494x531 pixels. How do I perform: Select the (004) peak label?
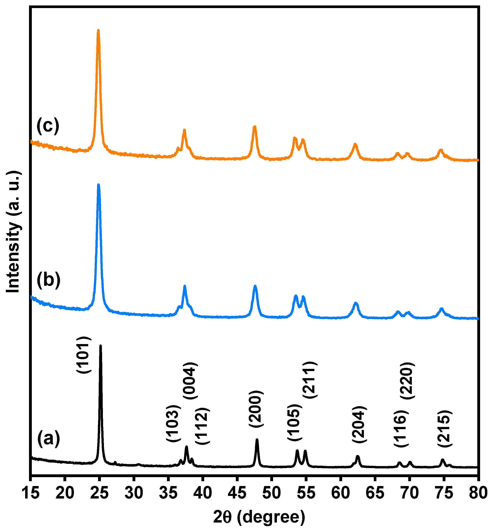[190, 381]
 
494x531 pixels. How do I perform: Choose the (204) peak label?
[359, 425]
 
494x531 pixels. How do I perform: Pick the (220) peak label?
[407, 381]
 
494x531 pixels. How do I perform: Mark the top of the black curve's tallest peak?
[100, 346]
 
